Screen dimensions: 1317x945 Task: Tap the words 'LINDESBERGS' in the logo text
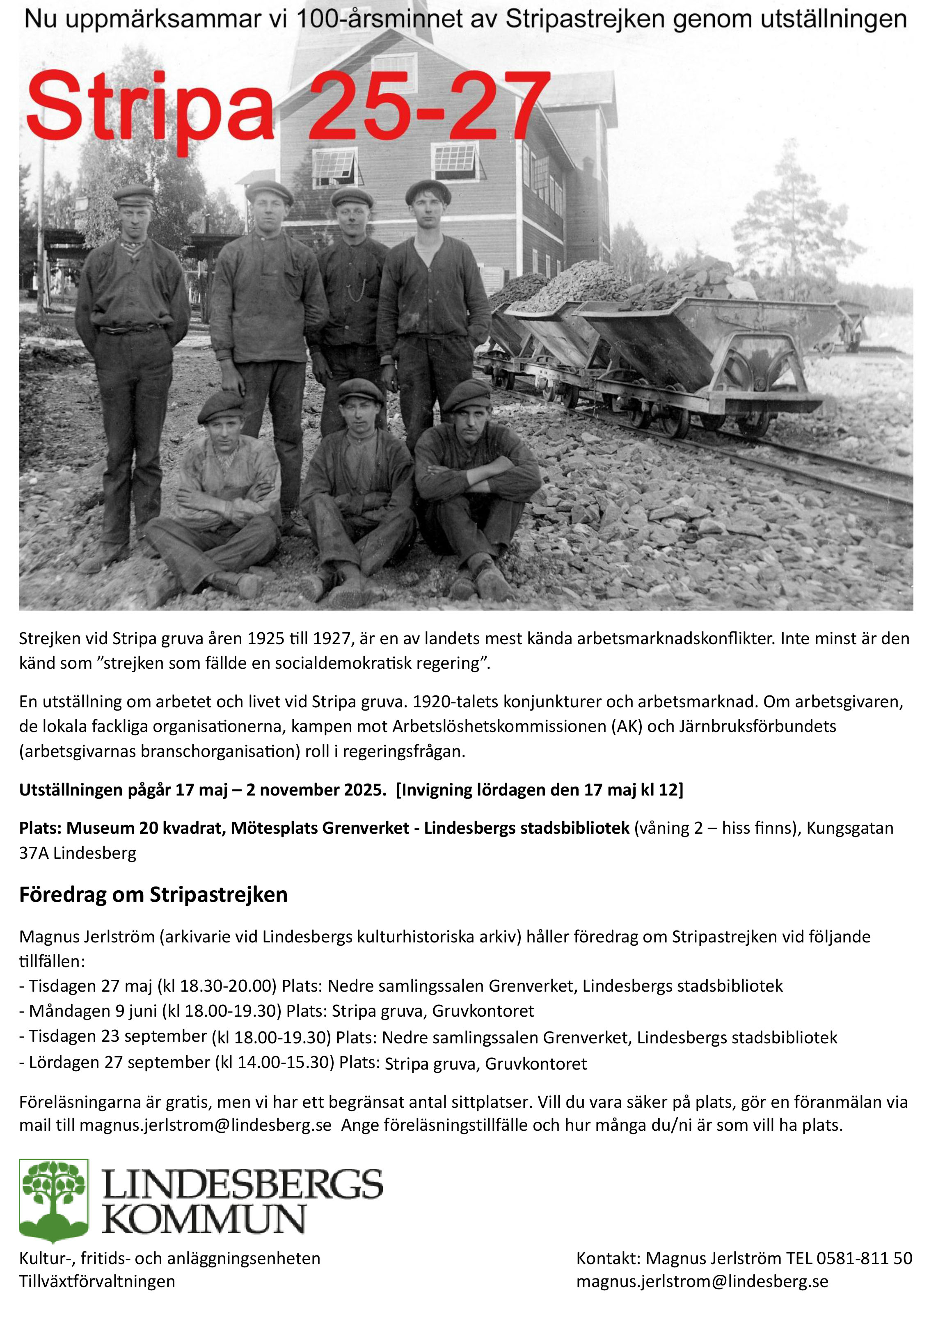pyautogui.click(x=243, y=1185)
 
